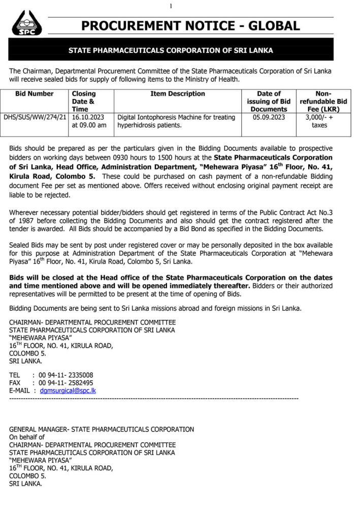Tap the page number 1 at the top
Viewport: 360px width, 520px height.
coord(171,6)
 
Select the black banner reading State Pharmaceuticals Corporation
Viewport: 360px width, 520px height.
coord(171,50)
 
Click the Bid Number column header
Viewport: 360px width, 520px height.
coord(35,94)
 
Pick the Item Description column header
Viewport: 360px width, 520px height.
coord(178,94)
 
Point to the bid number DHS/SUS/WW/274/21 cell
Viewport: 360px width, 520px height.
coord(35,117)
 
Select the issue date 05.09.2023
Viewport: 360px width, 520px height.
coord(269,117)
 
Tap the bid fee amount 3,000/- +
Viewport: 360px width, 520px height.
coord(319,117)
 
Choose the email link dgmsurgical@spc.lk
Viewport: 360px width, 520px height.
coord(68,391)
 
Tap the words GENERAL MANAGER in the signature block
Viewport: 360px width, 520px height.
coord(39,429)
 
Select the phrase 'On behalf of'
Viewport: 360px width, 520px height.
coord(27,437)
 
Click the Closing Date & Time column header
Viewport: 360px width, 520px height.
coord(84,102)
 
